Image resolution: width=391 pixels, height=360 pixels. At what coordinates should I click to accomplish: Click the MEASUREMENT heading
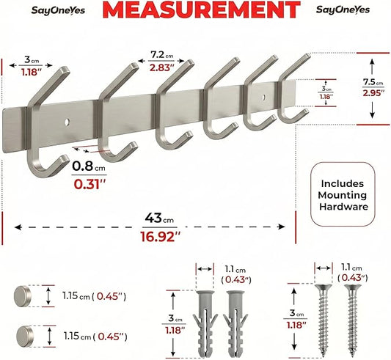(201, 10)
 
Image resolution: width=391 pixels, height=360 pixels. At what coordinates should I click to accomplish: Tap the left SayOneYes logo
(58, 10)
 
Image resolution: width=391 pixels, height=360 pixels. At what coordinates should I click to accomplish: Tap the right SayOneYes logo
(343, 10)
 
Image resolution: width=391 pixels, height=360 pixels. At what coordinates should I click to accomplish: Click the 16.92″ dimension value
(160, 237)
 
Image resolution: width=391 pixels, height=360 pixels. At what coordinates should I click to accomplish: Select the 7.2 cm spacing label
(162, 55)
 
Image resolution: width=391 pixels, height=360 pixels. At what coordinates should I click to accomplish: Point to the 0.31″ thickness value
(89, 184)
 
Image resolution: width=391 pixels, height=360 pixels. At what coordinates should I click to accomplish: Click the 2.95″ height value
(372, 93)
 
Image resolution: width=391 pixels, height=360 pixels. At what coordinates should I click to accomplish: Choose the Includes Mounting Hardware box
(343, 194)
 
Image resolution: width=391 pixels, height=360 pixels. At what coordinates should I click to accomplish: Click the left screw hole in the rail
(67, 122)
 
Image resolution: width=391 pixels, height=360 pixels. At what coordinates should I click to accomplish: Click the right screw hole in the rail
(264, 97)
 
